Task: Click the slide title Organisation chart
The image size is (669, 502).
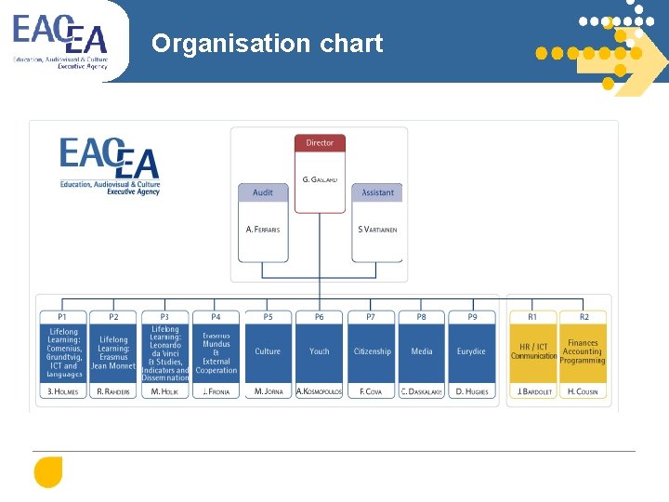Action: [267, 44]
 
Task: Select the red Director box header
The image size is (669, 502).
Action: [320, 143]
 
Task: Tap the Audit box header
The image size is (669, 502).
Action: [263, 192]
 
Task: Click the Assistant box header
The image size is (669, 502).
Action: [377, 192]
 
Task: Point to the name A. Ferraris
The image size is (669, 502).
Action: [263, 229]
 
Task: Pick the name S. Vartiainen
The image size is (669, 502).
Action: [377, 229]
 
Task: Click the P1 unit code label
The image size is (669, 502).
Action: [63, 317]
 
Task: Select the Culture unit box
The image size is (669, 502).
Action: [268, 351]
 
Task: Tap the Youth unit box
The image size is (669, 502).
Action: [320, 351]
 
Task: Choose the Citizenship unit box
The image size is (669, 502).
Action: [372, 351]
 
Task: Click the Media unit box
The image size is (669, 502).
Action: [422, 351]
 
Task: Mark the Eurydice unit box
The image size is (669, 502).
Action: [471, 351]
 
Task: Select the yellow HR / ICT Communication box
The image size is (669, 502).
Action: [533, 351]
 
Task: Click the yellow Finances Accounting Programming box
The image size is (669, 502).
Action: [584, 351]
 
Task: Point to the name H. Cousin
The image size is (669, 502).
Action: [584, 391]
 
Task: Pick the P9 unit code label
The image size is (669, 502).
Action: [472, 317]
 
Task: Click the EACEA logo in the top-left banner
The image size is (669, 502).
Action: [60, 42]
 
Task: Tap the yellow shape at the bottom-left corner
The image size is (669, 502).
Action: [47, 473]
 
